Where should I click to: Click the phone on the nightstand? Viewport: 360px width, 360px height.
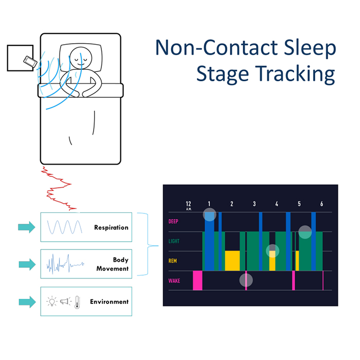30,62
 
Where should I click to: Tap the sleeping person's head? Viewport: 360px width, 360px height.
81,58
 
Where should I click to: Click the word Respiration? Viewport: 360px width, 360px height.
111,227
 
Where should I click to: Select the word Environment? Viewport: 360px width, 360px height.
109,302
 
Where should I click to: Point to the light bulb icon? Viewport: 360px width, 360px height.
52,301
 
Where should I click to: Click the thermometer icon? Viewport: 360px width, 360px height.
77,302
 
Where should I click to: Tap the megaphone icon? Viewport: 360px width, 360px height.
65,301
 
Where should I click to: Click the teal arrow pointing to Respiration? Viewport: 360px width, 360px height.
27,227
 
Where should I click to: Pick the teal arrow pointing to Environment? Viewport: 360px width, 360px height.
27,302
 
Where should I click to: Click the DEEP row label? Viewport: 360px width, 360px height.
173,221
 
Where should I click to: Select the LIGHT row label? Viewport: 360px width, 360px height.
174,241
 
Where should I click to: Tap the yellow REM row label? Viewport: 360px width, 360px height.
173,261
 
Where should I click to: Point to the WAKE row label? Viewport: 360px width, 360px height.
174,281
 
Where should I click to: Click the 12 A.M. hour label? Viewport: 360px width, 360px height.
189,205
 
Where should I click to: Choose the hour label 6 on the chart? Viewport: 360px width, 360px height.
321,204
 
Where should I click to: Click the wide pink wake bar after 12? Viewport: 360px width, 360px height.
197,280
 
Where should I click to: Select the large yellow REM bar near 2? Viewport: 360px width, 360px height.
232,261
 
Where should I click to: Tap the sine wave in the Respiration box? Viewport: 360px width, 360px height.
64,227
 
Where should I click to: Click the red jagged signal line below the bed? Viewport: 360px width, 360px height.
59,188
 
